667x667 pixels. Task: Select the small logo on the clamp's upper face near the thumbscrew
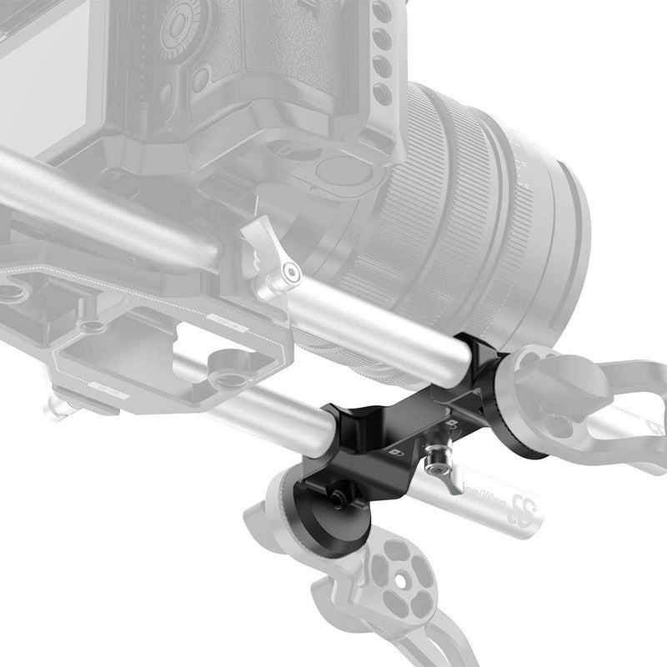[451, 426]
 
